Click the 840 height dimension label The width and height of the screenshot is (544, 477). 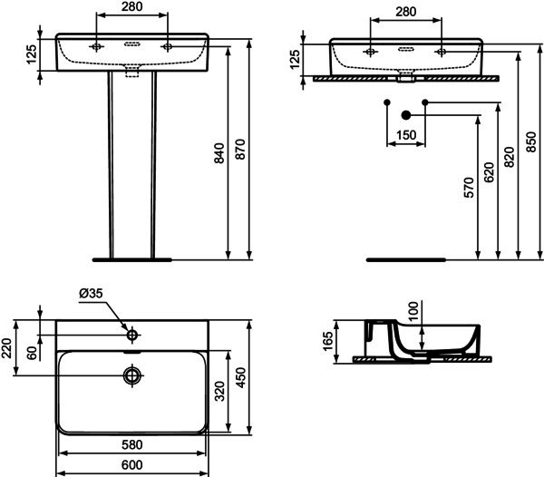[x=219, y=153]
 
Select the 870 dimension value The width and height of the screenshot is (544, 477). [x=240, y=150]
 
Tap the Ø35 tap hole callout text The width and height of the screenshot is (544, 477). [x=91, y=294]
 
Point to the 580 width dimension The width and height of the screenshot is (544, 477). [x=132, y=444]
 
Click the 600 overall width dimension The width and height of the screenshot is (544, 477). [x=132, y=465]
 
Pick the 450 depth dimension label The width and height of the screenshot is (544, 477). [x=240, y=378]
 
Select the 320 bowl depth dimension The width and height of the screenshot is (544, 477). [x=219, y=392]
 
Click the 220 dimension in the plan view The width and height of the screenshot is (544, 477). [x=6, y=348]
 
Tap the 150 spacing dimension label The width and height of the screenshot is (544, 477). [x=406, y=135]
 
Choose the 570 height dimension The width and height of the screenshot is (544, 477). [x=469, y=188]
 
